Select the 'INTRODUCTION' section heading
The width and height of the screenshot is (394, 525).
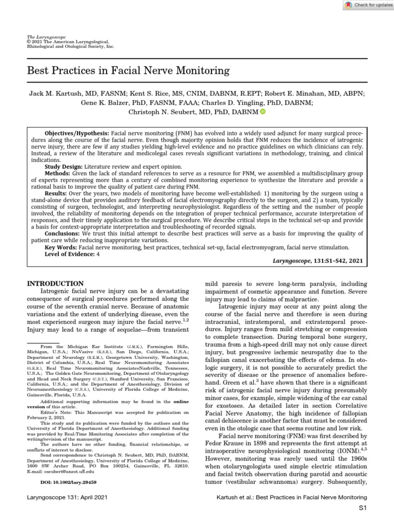pos(55,284)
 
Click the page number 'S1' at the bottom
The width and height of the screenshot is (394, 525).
pos(363,508)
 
